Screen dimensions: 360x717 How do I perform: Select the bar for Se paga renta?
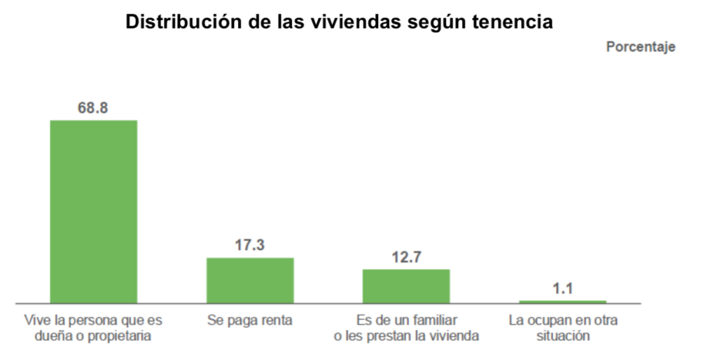[x=250, y=280]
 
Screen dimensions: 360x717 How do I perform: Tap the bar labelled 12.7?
[x=406, y=286]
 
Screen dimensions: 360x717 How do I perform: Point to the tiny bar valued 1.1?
[x=562, y=302]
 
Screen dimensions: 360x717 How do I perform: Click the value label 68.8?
[x=93, y=109]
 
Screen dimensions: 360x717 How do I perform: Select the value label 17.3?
[x=250, y=246]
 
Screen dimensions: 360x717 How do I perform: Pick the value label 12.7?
[x=406, y=258]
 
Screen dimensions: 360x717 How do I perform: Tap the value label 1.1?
[x=562, y=288]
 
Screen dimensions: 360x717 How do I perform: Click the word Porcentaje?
[x=640, y=47]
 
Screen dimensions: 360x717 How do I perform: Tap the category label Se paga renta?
[x=250, y=321]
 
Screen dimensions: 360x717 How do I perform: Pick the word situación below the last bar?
[x=563, y=336]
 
